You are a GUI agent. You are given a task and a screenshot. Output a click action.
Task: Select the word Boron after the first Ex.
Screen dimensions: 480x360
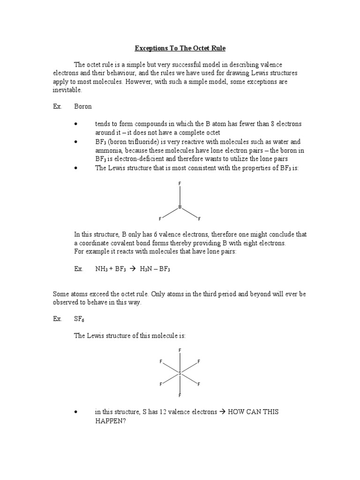[x=83, y=106]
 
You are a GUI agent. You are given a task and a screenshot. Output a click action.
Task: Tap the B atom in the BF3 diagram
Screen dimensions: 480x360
[x=180, y=207]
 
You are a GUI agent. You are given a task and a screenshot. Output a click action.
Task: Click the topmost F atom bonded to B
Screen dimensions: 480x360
[x=180, y=183]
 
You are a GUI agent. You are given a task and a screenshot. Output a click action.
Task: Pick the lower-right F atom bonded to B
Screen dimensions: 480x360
[x=199, y=219]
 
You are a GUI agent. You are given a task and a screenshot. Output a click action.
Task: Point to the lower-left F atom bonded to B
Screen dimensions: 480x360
[x=160, y=219]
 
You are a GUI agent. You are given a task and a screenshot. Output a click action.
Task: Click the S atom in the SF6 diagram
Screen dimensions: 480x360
[x=180, y=373]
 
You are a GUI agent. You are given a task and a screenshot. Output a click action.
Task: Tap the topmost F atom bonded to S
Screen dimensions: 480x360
[x=180, y=350]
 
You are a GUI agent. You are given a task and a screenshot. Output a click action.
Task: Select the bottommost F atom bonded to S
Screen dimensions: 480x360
[x=180, y=396]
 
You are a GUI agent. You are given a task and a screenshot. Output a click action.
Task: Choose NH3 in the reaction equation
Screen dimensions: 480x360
[x=102, y=269]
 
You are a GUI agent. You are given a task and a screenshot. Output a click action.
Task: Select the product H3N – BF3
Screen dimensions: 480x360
[x=154, y=269]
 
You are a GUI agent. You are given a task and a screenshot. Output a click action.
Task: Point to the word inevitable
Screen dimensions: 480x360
[x=67, y=90]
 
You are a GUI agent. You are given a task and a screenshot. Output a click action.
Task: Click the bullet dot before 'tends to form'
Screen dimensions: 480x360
[x=75, y=124]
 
